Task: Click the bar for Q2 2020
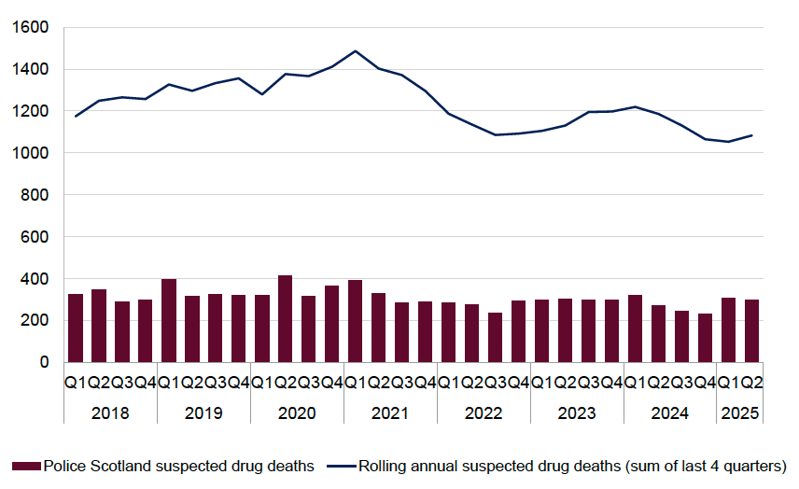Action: tap(286, 319)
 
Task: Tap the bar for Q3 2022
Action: tap(496, 338)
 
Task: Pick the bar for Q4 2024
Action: tap(706, 338)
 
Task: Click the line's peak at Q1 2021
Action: tap(356, 51)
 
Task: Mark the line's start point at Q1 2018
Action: tap(76, 117)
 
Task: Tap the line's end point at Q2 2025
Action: tap(752, 135)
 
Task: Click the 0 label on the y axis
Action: tap(43, 362)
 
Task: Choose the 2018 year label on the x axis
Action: tap(110, 412)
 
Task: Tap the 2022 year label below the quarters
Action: tap(484, 412)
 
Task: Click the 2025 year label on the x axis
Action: tap(740, 412)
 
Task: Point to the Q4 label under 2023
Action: tap(612, 384)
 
